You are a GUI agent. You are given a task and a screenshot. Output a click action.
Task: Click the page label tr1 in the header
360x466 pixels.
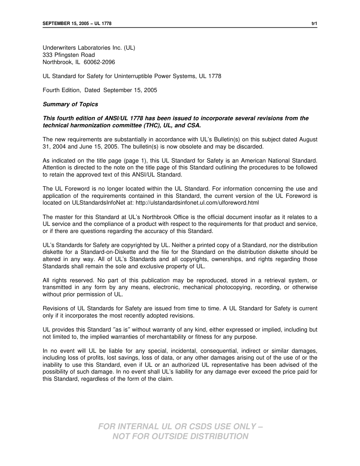[x=314, y=23]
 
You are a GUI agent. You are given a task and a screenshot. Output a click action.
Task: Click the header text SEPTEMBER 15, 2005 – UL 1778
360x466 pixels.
[x=77, y=23]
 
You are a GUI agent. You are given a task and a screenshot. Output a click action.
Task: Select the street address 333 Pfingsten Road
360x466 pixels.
[x=69, y=55]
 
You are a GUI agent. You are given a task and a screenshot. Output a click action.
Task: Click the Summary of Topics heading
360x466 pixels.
[x=70, y=104]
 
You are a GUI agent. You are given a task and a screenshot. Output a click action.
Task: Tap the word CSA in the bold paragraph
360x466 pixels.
[x=194, y=125]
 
